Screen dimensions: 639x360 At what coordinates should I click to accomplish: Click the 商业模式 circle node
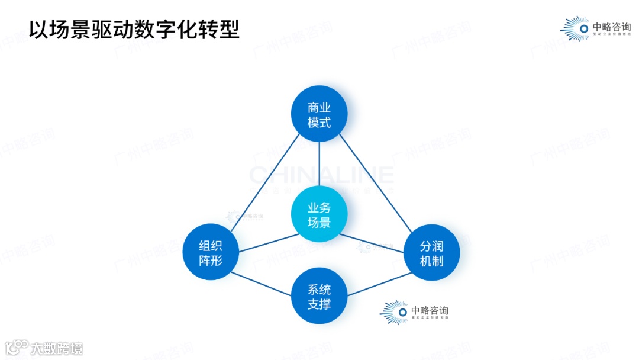click(319, 114)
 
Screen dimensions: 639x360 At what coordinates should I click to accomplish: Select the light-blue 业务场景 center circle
click(319, 214)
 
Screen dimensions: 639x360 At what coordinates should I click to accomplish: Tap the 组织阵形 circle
click(211, 252)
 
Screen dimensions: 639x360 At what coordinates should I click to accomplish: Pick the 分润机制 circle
click(431, 253)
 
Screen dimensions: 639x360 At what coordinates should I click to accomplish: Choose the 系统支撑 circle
click(319, 296)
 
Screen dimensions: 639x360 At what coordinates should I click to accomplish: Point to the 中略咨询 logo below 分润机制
click(414, 312)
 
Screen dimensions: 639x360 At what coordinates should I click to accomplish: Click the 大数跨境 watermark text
click(57, 348)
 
